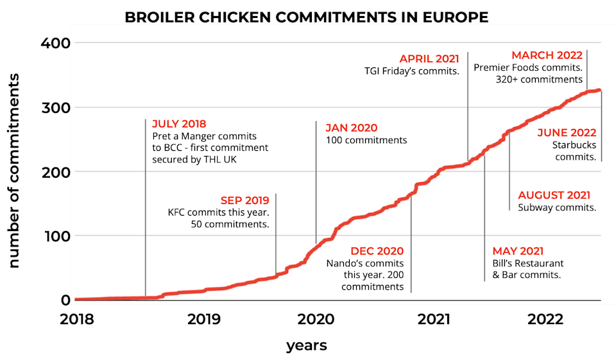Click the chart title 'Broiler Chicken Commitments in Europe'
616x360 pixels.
point(307,17)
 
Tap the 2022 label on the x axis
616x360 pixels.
point(545,319)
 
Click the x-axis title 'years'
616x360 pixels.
point(306,346)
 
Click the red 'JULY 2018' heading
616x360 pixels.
point(180,124)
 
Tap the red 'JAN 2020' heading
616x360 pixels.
point(351,128)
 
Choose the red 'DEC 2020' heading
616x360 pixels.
point(377,251)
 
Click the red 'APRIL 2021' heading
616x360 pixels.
point(429,59)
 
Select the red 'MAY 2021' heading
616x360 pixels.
point(518,251)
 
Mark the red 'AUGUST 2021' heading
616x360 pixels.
point(554,195)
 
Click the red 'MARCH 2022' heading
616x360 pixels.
point(547,55)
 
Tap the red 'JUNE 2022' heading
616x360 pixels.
point(567,133)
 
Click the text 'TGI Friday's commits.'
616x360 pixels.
point(411,71)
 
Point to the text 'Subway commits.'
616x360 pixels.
point(557,207)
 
